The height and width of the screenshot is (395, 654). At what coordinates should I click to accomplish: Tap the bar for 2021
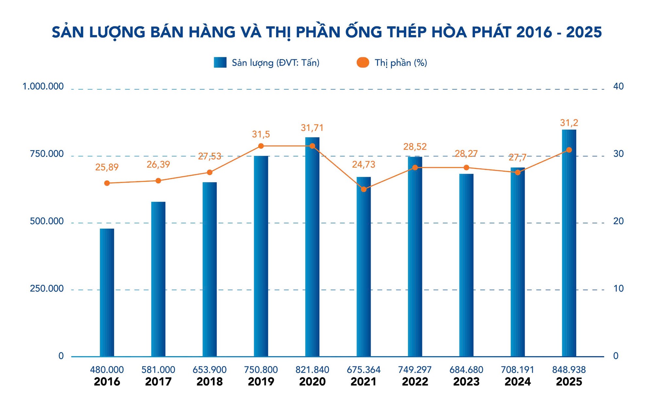(x=364, y=266)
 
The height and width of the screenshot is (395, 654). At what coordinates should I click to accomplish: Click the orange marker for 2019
(x=261, y=146)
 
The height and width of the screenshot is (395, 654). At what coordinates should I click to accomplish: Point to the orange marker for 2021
(x=364, y=189)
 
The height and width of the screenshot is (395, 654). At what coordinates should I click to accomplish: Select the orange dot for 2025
(x=569, y=150)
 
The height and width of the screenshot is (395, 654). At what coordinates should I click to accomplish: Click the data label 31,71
(x=312, y=128)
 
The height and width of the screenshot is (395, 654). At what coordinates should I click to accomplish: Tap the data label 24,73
(x=364, y=164)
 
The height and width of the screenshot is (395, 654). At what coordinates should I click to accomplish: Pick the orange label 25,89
(x=107, y=167)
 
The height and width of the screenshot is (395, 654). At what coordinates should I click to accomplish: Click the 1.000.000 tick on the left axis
(x=43, y=86)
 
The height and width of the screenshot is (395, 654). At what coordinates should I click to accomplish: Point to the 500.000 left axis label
(x=47, y=221)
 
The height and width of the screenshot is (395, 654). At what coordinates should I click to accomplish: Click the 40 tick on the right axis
(x=618, y=86)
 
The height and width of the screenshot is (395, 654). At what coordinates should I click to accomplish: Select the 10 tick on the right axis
(x=618, y=288)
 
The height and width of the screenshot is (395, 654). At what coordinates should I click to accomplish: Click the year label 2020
(x=312, y=382)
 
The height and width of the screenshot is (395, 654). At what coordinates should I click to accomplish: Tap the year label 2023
(x=466, y=382)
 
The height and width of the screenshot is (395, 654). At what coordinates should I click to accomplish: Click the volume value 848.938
(x=569, y=370)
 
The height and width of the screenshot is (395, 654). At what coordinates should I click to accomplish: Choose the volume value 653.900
(x=210, y=370)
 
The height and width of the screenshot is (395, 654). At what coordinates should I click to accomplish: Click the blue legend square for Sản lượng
(x=220, y=62)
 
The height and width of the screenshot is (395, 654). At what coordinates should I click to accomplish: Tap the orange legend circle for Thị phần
(x=363, y=62)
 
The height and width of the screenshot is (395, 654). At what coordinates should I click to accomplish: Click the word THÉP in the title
(x=407, y=32)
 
